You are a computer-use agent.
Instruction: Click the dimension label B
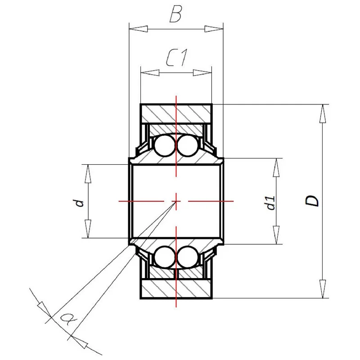[175, 15]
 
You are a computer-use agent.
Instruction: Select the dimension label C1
[177, 58]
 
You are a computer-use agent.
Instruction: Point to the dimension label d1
[271, 203]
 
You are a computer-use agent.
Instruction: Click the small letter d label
[80, 203]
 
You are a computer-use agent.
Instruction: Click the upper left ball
[165, 146]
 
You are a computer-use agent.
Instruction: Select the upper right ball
[187, 146]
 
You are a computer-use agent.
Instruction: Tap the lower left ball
[165, 256]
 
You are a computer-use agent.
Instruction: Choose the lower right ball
[187, 256]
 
